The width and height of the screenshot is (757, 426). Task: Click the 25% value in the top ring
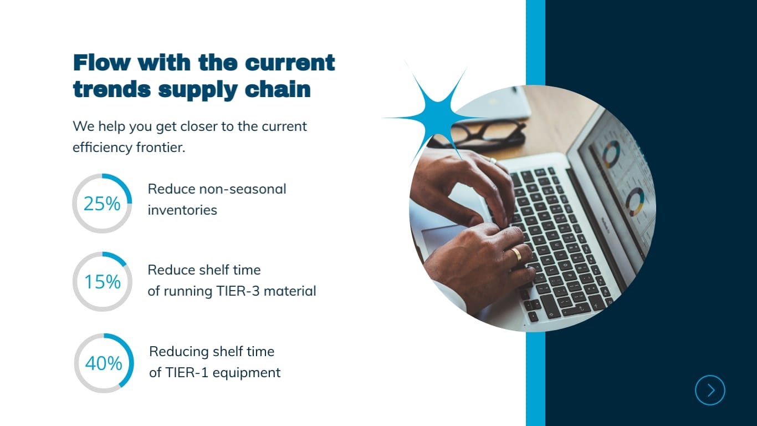(102, 204)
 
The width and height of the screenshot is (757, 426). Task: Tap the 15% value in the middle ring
(103, 282)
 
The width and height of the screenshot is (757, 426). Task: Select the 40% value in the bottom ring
(104, 364)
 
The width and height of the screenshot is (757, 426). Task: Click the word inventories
(182, 210)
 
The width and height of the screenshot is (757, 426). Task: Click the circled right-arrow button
(710, 390)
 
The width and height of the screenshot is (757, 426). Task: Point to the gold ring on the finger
(516, 255)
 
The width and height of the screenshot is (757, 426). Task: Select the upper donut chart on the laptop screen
(612, 154)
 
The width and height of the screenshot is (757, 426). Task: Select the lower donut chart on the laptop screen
(635, 202)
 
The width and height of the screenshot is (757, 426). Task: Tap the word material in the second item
(290, 291)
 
